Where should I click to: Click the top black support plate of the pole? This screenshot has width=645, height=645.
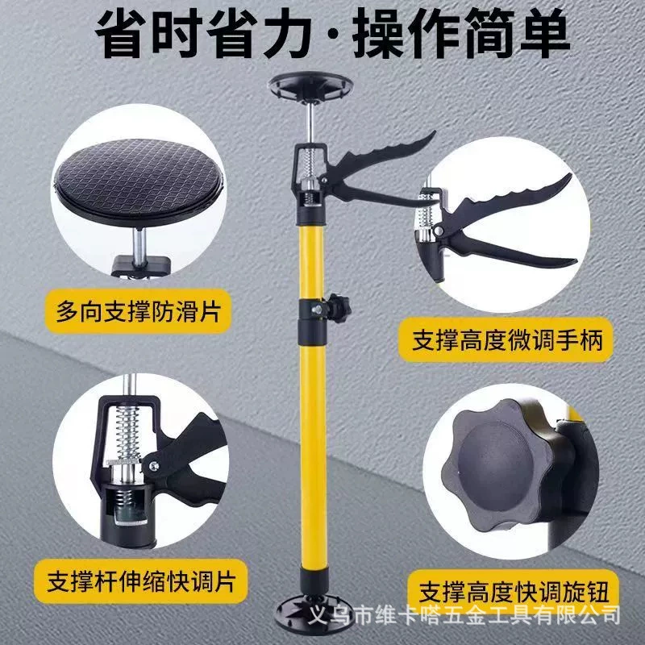coord(310,85)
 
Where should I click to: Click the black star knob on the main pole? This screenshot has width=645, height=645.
coord(339,308)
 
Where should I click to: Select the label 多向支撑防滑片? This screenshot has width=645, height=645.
coord(138,311)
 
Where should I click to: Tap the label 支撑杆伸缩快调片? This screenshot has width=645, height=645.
coord(140,580)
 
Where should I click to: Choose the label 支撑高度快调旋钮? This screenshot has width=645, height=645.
coord(514,592)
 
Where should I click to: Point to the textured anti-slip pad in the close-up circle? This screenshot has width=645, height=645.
coord(139,180)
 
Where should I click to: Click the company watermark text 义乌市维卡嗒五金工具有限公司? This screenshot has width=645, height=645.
coord(464,615)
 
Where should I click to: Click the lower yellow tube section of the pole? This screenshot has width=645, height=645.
coord(314,456)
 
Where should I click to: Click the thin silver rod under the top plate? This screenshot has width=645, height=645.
coord(310,123)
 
